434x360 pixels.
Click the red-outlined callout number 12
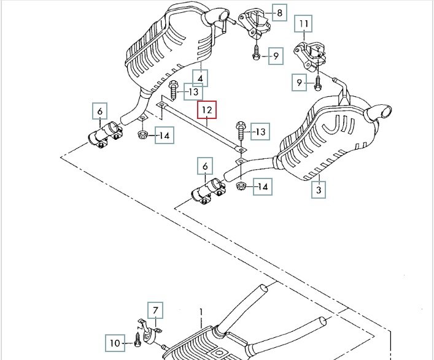(x=207, y=110)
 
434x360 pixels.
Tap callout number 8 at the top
(x=279, y=12)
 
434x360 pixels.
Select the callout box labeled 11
(x=304, y=25)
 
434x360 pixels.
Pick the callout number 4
(x=200, y=78)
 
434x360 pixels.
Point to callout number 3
(x=319, y=190)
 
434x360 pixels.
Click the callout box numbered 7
(x=156, y=311)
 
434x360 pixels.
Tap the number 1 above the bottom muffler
(x=200, y=312)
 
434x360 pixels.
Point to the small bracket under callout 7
(x=147, y=332)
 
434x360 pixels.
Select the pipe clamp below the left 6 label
(x=104, y=134)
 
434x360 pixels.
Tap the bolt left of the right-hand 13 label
(x=240, y=131)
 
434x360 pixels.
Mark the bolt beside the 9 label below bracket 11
(x=318, y=80)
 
